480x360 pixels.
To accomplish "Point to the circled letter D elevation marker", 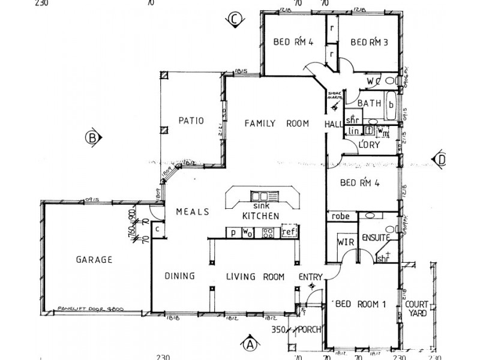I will click(x=441, y=160).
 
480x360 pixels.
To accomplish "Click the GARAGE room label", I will click(x=94, y=260).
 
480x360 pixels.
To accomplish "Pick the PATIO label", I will click(x=191, y=121).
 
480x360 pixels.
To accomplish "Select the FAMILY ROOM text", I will click(x=276, y=124).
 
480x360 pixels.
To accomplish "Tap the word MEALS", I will click(x=192, y=212).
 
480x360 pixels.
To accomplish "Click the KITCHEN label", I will click(x=260, y=215).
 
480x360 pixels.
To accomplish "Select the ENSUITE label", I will click(x=376, y=238).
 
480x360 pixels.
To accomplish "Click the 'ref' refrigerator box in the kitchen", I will click(x=289, y=232).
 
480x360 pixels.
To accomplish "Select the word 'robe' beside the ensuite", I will click(x=341, y=216).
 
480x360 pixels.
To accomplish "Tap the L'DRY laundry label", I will click(x=367, y=145).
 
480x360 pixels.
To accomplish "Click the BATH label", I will click(x=370, y=104).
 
